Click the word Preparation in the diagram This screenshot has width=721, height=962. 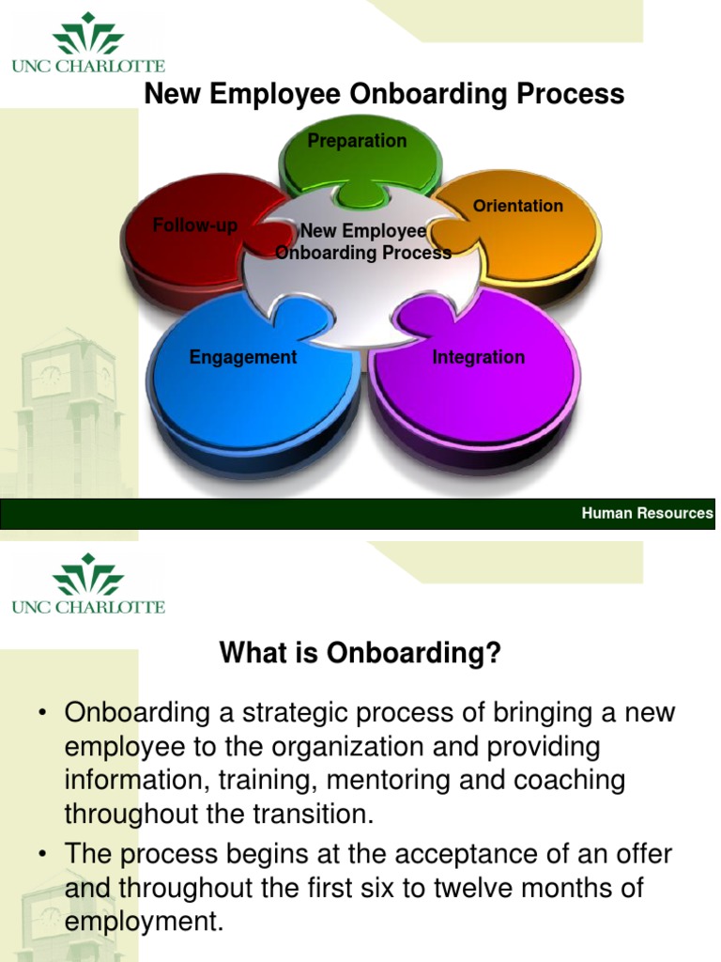pos(358,141)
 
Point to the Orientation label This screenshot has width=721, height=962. pos(518,206)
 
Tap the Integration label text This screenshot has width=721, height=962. pos(478,357)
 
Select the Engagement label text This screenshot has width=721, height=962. pos(243,357)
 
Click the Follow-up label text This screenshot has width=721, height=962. pos(195,226)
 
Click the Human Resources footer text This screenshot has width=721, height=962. pos(647,513)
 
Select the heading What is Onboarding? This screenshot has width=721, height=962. pos(360,654)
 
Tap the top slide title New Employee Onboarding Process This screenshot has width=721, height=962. pos(383,94)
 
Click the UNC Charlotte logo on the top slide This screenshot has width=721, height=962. pos(88,43)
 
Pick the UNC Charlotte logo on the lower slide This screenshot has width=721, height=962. pos(88,584)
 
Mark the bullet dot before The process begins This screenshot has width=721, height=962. pos(43,856)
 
